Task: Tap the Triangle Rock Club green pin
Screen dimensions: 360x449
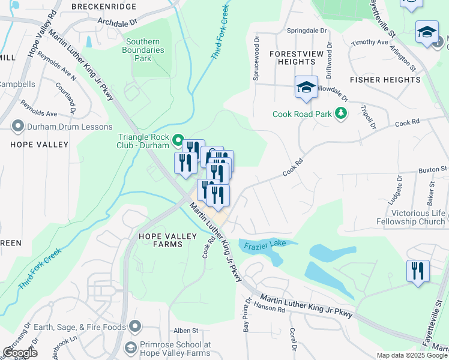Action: click(x=178, y=141)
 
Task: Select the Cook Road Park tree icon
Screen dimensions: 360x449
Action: click(x=341, y=113)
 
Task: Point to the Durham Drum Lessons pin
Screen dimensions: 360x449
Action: click(x=17, y=127)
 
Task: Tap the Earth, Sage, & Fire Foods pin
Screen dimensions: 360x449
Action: click(x=135, y=327)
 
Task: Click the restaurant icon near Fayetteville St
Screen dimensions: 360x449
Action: click(x=417, y=271)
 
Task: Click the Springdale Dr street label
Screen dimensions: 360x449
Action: click(x=307, y=31)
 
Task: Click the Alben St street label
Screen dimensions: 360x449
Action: click(x=185, y=331)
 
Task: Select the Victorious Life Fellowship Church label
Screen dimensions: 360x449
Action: click(x=418, y=217)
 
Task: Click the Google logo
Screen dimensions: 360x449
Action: click(x=20, y=353)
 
